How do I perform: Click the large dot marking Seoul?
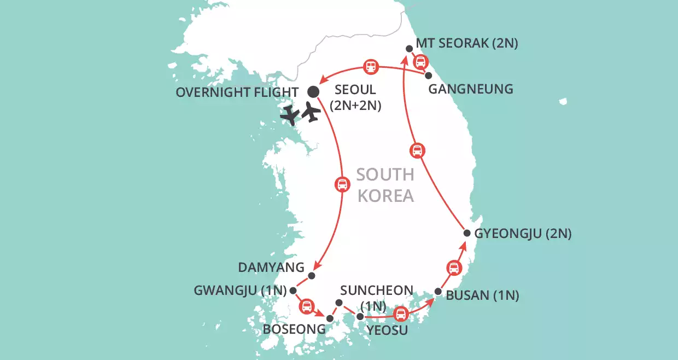[x=313, y=91]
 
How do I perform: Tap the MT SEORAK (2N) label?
[x=466, y=43]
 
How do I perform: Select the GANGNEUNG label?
[x=471, y=89]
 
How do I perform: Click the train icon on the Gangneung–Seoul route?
[x=371, y=67]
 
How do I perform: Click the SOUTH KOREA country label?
[x=385, y=185]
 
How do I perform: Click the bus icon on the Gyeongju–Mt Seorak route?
[x=417, y=150]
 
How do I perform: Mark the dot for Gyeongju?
[x=467, y=233]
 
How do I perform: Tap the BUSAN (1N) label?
[x=482, y=296]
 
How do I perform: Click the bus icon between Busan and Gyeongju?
[x=453, y=267]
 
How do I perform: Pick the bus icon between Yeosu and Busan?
[x=401, y=314]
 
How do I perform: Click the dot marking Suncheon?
[x=338, y=303]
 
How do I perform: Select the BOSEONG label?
[x=294, y=329]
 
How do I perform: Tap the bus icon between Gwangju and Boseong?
[x=307, y=306]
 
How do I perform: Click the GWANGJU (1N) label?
[x=241, y=291]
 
